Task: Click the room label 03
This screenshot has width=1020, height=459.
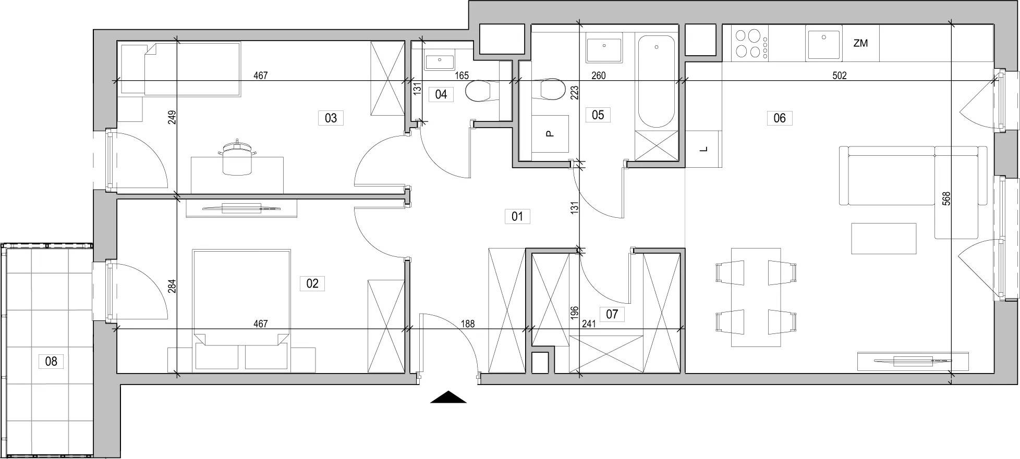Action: coord(331,118)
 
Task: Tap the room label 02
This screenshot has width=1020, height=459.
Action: coord(312,283)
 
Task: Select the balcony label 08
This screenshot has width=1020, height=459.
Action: coord(51,361)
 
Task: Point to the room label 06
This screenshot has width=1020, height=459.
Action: coord(779,118)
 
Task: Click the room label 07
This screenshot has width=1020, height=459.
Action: coord(612,314)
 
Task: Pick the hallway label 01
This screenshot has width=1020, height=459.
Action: coord(517,216)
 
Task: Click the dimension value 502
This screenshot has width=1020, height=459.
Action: coord(839,76)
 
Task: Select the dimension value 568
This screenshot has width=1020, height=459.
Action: coord(946,198)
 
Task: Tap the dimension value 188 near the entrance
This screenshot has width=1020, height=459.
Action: coord(468,324)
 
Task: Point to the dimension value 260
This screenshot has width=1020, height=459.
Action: coord(598,76)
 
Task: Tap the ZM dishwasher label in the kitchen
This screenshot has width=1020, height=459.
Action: coord(860,44)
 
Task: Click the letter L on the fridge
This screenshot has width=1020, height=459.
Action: coord(704,150)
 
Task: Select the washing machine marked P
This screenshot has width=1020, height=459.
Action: coord(550,134)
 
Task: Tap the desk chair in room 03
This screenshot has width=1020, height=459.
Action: coord(237,159)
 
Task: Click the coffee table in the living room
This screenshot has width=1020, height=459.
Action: coord(884,239)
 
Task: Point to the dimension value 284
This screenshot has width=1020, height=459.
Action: coord(172,286)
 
